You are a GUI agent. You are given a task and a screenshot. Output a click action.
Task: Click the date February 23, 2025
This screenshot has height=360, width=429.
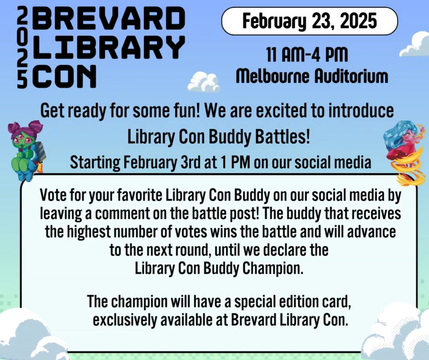309,21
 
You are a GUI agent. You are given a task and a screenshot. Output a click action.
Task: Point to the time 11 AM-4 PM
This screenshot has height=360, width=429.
307,55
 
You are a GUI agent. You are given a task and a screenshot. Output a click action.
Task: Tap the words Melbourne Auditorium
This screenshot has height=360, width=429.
312,76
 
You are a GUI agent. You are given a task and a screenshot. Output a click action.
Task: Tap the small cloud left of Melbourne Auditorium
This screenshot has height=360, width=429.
203,82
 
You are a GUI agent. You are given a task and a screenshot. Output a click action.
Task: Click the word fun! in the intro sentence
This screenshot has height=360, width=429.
185,111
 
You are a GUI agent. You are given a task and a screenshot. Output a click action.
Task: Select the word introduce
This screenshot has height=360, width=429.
361,111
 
